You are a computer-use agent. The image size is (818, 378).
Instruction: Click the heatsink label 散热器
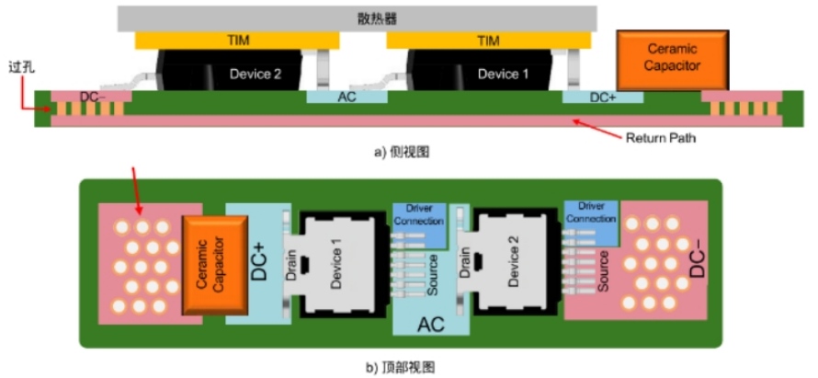coord(357,17)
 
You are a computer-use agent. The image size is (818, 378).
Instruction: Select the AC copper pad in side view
coord(347,96)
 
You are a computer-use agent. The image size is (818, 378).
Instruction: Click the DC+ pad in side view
coord(602,96)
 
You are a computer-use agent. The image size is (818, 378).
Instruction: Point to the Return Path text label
coord(660,139)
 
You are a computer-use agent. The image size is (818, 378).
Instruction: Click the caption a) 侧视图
coord(401,154)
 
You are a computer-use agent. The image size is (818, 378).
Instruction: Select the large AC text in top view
coord(431,325)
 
